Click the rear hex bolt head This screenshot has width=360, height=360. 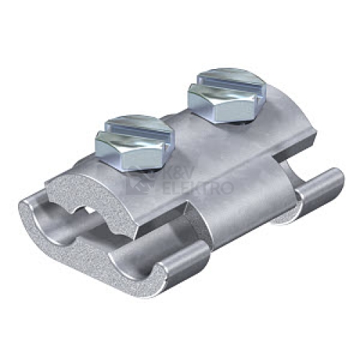pyautogui.click(x=228, y=95)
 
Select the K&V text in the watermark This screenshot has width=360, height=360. pyautogui.click(x=181, y=171)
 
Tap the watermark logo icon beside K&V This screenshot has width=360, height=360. pyautogui.click(x=142, y=179)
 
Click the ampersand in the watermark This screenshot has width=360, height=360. pyautogui.click(x=181, y=172)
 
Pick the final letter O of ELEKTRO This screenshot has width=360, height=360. pyautogui.click(x=227, y=187)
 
